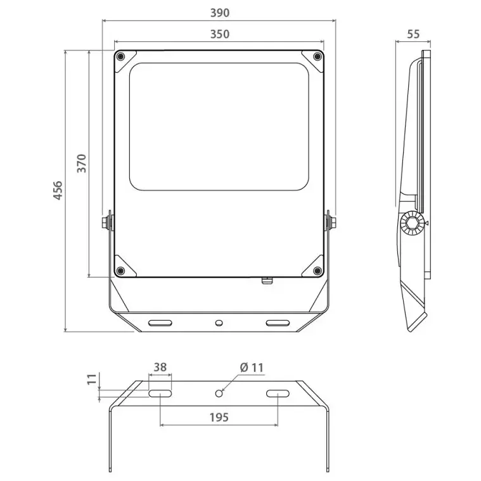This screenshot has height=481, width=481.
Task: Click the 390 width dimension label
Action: [220, 13]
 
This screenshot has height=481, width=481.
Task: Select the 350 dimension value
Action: [220, 34]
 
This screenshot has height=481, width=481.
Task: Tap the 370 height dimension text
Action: [82, 164]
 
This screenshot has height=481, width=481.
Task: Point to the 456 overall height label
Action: [58, 191]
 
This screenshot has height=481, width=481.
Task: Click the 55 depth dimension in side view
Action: [413, 34]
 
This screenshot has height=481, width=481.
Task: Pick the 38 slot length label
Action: [160, 367]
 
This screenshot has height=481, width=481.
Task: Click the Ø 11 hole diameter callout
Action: [252, 368]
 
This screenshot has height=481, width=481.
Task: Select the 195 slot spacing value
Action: [219, 417]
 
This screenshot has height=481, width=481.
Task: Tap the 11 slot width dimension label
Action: [92, 379]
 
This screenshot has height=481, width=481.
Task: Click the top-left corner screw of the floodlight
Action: [121, 56]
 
